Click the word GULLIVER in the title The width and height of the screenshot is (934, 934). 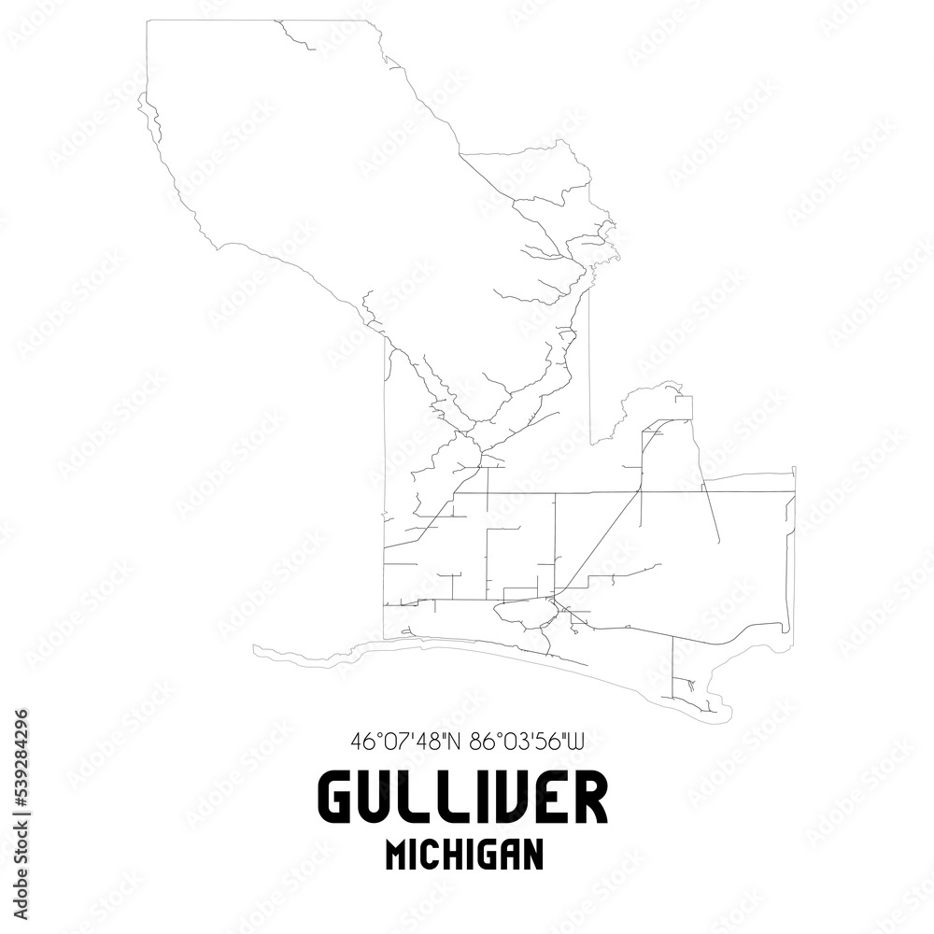coord(462,800)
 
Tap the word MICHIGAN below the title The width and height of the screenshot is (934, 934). coord(464,856)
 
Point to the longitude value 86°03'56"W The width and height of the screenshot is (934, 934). coord(527,743)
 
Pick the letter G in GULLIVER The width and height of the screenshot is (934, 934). coord(338,800)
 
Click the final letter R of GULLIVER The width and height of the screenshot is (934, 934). coord(588,800)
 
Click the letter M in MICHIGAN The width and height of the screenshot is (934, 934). coord(396,856)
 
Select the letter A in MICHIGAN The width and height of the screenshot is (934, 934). coord(512,856)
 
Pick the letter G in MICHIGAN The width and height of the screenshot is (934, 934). coord(490,856)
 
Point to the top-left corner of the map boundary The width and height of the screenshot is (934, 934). coord(148,21)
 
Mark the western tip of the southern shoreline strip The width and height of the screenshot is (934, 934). coord(255,646)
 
